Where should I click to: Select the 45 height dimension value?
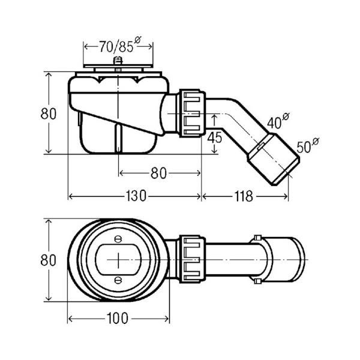pyautogui.click(x=214, y=138)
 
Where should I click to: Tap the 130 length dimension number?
pyautogui.click(x=136, y=196)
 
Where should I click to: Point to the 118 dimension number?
pyautogui.click(x=244, y=196)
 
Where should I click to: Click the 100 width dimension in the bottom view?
pyautogui.click(x=118, y=319)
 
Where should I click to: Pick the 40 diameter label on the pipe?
pyautogui.click(x=278, y=121)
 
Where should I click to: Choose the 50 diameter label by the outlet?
pyautogui.click(x=308, y=146)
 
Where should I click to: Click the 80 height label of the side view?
pyautogui.click(x=48, y=113)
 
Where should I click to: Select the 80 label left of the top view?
pyautogui.click(x=48, y=260)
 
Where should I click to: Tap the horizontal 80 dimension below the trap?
pyautogui.click(x=158, y=173)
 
